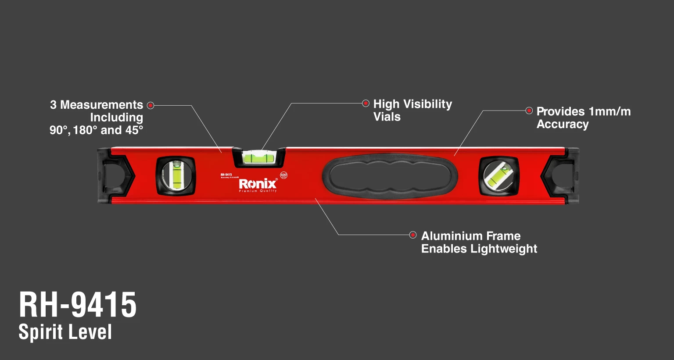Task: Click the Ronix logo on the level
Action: [x=258, y=183]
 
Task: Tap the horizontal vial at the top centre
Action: [x=259, y=157]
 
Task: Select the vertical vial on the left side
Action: [x=176, y=175]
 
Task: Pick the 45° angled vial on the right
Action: [x=498, y=175]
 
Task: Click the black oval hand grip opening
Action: [x=390, y=176]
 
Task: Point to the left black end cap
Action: [x=115, y=175]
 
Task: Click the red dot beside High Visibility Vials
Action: [x=366, y=103]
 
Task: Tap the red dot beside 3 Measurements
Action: [x=151, y=105]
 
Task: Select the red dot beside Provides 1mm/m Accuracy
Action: [x=529, y=110]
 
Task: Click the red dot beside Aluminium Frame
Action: [x=413, y=235]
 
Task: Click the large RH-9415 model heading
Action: [x=78, y=305]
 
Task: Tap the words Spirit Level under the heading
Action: [x=65, y=332]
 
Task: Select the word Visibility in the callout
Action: [x=427, y=104]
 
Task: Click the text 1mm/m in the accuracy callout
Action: [x=609, y=112]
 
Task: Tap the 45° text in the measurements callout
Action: [x=134, y=130]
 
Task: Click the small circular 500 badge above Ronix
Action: [x=283, y=175]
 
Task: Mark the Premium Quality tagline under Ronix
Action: [x=258, y=191]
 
